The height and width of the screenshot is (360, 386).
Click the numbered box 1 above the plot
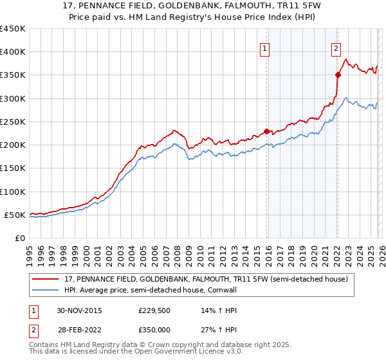click(x=266, y=47)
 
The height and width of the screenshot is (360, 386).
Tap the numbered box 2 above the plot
click(x=336, y=47)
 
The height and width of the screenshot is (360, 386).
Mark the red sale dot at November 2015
click(x=266, y=131)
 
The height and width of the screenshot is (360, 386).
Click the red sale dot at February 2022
click(x=337, y=75)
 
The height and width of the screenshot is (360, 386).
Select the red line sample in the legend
click(x=46, y=279)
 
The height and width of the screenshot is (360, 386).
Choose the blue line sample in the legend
click(x=46, y=290)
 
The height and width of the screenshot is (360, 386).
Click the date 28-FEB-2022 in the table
click(x=78, y=330)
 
